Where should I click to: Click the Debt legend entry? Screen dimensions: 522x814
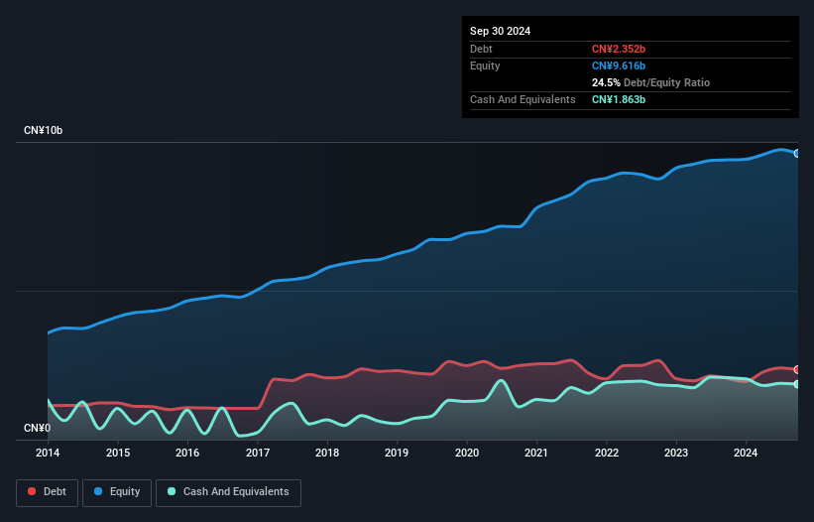(x=47, y=492)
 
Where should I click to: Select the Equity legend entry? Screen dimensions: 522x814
(x=117, y=492)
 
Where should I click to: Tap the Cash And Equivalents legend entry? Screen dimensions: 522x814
(x=228, y=492)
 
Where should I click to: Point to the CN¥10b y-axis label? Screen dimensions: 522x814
(x=44, y=131)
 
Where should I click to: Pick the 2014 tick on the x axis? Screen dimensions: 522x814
(x=48, y=454)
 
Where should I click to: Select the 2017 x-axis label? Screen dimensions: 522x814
(x=258, y=454)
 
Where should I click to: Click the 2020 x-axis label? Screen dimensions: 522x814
(x=467, y=454)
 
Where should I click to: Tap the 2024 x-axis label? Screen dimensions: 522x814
(x=747, y=454)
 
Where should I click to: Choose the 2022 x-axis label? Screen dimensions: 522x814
(x=607, y=454)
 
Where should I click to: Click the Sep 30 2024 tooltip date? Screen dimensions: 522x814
(x=500, y=31)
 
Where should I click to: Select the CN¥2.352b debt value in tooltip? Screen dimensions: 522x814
(x=620, y=49)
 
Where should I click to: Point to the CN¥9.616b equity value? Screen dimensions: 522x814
(x=620, y=65)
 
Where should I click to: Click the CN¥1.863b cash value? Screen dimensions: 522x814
(x=620, y=100)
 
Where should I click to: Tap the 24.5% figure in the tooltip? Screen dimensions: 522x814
(x=607, y=82)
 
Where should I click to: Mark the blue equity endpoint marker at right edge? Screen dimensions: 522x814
(x=797, y=153)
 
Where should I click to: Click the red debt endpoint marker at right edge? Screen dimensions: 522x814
(x=797, y=369)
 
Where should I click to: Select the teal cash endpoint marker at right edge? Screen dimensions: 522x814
(x=797, y=384)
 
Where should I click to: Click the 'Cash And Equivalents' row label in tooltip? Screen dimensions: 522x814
(x=523, y=100)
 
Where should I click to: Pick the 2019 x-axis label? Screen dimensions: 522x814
(x=397, y=454)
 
